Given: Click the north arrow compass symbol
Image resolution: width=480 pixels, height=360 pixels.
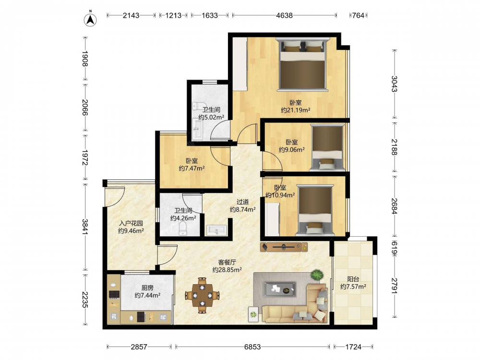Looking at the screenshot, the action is tap(90, 19).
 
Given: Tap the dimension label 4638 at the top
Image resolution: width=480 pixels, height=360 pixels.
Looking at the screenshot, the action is tap(284, 15).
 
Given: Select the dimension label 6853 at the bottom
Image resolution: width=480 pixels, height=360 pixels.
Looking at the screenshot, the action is tap(252, 347).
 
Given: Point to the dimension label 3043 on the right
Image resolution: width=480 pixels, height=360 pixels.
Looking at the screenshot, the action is tap(394, 84).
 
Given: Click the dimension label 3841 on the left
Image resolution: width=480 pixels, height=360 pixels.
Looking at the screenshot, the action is tap(85, 227).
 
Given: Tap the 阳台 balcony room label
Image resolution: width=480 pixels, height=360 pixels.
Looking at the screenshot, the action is tap(353, 279).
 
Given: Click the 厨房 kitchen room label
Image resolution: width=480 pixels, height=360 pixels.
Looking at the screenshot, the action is tap(147, 288).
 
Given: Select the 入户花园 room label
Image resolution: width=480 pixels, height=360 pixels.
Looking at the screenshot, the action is tap(131, 223).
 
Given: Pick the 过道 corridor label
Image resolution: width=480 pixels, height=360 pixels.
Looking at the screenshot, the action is tap(243, 202).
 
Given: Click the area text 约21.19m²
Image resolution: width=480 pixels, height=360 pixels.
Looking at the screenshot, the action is tap(296, 110).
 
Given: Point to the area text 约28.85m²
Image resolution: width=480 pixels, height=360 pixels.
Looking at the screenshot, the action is tap(227, 270).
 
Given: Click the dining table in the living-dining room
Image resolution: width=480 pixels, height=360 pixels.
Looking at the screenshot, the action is tap(203, 295).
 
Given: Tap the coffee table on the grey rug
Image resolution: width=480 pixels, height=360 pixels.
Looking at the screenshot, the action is tap(279, 289).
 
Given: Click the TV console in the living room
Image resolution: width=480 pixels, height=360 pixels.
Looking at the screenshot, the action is tap(284, 247).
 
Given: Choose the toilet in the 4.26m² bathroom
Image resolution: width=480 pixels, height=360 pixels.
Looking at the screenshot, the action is tap(183, 228).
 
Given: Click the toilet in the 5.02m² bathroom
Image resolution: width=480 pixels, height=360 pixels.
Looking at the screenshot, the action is tap(199, 106).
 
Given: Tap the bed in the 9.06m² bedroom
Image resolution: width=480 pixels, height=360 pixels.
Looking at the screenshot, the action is tap(327, 147).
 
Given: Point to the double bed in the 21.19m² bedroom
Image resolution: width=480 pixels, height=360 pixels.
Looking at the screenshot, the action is tap(303, 64).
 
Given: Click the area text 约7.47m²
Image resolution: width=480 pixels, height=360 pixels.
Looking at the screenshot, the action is tap(192, 168).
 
